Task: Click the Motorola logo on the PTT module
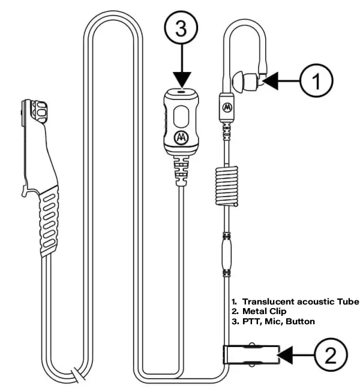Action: coord(179,137)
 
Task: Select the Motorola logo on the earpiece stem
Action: coord(227,107)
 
